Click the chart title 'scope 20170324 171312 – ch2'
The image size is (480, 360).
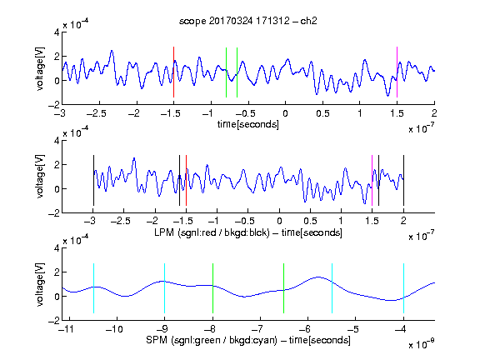pyautogui.click(x=248, y=21)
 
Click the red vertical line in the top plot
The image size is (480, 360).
pyautogui.click(x=173, y=72)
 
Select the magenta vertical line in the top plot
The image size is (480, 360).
pyautogui.click(x=397, y=72)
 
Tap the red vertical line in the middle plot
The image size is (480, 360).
pyautogui.click(x=186, y=181)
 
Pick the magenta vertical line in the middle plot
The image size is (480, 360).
pyautogui.click(x=372, y=181)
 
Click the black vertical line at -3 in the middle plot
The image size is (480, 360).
pyautogui.click(x=93, y=181)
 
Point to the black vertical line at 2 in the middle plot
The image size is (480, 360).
pyautogui.click(x=403, y=181)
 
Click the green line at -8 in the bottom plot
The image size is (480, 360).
pyautogui.click(x=212, y=288)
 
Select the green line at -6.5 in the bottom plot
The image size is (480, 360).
pyautogui.click(x=284, y=288)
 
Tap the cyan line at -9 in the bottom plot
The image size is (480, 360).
pyautogui.click(x=165, y=288)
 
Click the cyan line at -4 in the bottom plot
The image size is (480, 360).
pyautogui.click(x=403, y=288)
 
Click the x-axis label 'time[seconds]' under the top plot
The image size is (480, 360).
pyautogui.click(x=248, y=124)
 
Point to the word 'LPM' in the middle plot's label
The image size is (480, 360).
pyautogui.click(x=164, y=232)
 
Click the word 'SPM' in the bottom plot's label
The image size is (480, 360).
pyautogui.click(x=157, y=340)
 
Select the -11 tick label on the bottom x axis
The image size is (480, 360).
pyautogui.click(x=66, y=329)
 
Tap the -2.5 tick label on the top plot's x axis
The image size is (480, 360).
pyautogui.click(x=96, y=113)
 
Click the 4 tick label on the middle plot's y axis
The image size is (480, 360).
pyautogui.click(x=57, y=141)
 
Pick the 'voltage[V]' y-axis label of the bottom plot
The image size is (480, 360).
pyautogui.click(x=40, y=284)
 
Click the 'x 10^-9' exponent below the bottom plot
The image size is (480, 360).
pyautogui.click(x=421, y=344)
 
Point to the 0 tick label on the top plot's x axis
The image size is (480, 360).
pyautogui.click(x=285, y=113)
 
